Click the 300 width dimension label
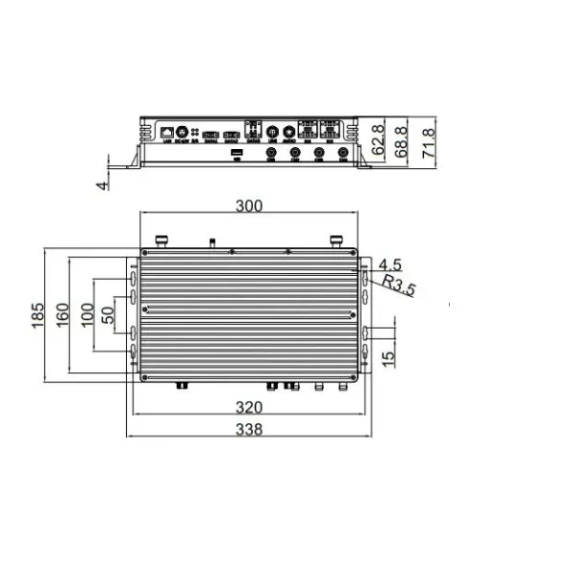click(x=250, y=204)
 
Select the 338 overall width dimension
click(x=250, y=429)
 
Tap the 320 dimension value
click(x=250, y=407)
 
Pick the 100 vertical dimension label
click(x=87, y=314)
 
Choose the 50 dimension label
click(x=108, y=314)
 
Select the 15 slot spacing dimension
click(x=387, y=357)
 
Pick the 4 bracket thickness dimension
click(x=103, y=183)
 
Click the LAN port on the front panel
click(x=167, y=130)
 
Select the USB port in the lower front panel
click(x=236, y=152)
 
